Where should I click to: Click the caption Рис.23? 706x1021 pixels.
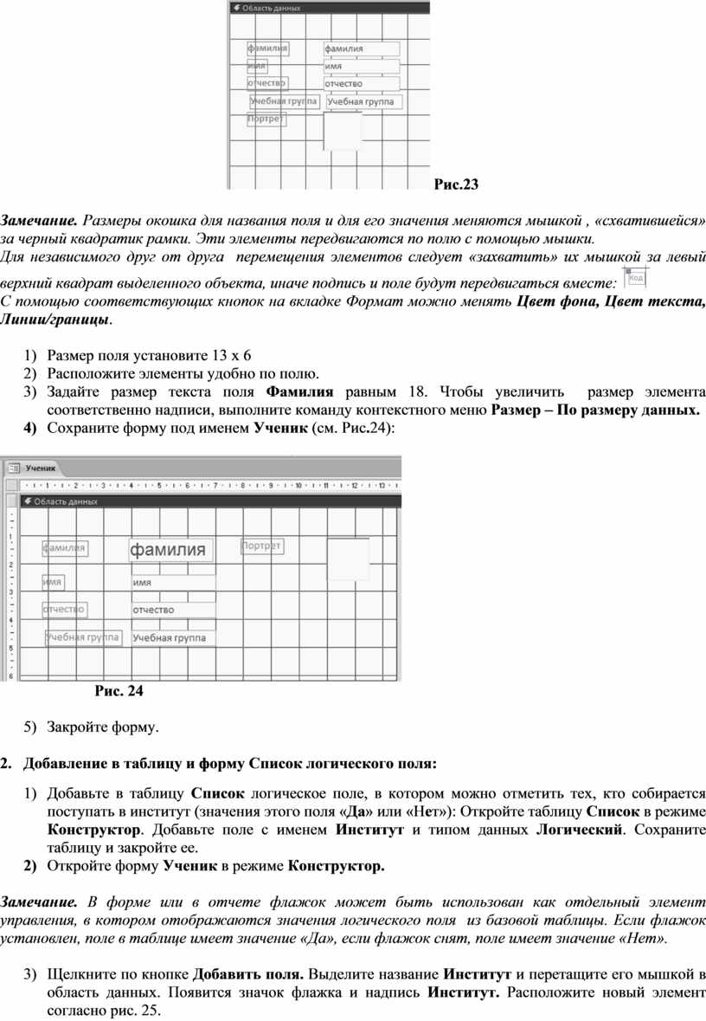point(456,184)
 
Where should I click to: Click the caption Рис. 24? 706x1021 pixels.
point(119,691)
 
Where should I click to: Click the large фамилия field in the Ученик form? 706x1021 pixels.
point(170,550)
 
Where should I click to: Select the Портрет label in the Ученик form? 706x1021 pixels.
point(261,546)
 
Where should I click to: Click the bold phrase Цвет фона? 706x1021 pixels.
point(555,301)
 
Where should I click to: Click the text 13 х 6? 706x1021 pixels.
point(231,356)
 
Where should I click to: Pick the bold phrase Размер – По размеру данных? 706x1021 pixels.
point(596,410)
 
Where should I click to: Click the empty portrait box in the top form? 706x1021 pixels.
point(342,132)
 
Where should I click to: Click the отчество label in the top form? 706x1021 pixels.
point(266,83)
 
